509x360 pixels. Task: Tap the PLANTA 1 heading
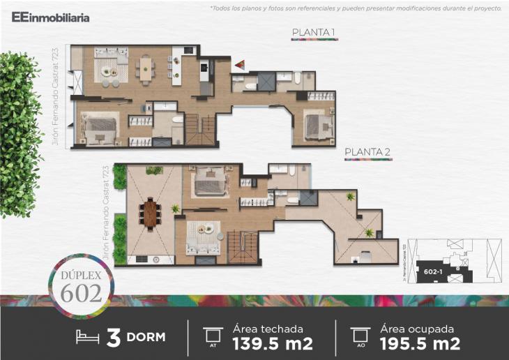[314, 33]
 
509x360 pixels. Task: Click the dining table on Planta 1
[146, 68]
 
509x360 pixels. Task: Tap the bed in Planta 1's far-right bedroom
[314, 128]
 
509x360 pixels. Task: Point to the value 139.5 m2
[272, 343]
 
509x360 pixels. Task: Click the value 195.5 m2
[420, 343]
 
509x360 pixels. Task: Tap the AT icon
[211, 336]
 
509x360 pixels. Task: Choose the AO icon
[360, 336]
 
